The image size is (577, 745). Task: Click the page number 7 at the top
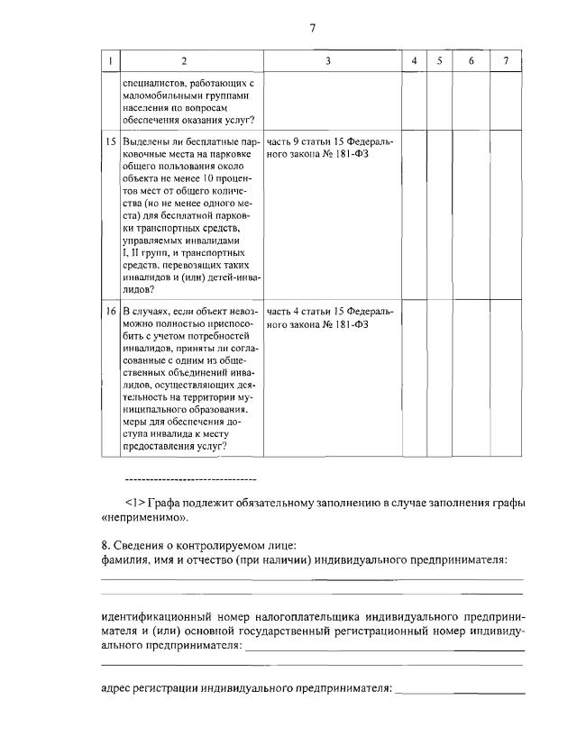312,28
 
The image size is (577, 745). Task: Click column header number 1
110,60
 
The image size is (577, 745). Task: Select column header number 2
184,60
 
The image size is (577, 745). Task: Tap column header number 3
328,60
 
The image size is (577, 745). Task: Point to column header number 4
413,60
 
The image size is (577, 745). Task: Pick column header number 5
439,60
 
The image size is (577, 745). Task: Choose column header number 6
471,60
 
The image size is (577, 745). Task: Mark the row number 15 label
111,142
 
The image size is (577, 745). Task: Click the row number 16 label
111,311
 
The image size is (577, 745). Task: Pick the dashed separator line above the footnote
189,478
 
